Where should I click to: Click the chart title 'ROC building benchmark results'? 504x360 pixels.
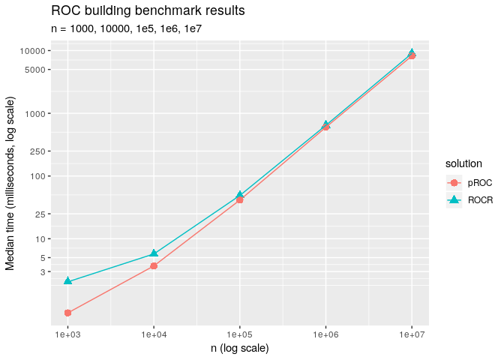[148, 12]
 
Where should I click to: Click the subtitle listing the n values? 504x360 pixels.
[127, 30]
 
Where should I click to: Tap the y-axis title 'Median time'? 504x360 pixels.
[10, 184]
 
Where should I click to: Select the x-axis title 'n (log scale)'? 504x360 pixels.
[239, 348]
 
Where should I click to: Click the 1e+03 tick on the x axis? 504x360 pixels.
[67, 331]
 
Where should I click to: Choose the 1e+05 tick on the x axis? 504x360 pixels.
[239, 331]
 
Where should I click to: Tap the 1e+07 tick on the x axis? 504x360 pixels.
[412, 331]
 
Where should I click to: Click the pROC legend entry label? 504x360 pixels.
[479, 182]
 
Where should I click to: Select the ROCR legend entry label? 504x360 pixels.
[480, 200]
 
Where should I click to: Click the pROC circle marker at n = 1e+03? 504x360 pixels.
[67, 313]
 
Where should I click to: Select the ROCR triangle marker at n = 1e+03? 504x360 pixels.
[67, 280]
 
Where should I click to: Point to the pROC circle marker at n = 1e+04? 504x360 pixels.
[154, 265]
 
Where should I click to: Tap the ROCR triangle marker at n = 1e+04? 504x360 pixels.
[154, 253]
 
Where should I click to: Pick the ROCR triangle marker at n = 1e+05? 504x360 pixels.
[239, 195]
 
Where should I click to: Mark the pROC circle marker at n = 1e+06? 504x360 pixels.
[325, 127]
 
